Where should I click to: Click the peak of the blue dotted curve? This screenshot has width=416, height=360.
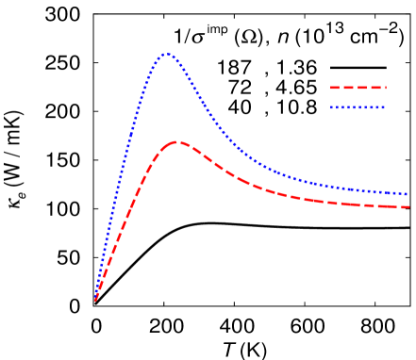[167, 54]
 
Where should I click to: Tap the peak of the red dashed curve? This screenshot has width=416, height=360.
[175, 142]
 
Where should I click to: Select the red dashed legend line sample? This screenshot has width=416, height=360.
[358, 88]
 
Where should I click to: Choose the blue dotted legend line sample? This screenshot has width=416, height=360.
[358, 107]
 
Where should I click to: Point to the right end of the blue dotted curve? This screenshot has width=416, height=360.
[407, 194]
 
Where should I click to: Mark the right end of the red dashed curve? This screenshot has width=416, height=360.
[408, 207]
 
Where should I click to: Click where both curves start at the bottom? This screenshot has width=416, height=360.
[95, 300]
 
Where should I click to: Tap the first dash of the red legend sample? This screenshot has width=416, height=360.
[335, 88]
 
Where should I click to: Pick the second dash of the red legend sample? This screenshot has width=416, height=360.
[348, 88]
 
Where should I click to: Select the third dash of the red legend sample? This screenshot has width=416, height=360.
[361, 88]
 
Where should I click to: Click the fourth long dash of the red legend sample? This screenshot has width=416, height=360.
[374, 88]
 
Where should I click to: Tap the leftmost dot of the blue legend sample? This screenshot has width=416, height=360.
[331, 107]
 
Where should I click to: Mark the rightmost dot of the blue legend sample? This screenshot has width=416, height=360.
[384, 107]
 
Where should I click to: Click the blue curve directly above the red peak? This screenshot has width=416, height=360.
[175, 57]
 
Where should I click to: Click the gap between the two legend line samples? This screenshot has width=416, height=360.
[358, 98]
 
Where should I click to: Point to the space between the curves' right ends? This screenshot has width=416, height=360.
[407, 201]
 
